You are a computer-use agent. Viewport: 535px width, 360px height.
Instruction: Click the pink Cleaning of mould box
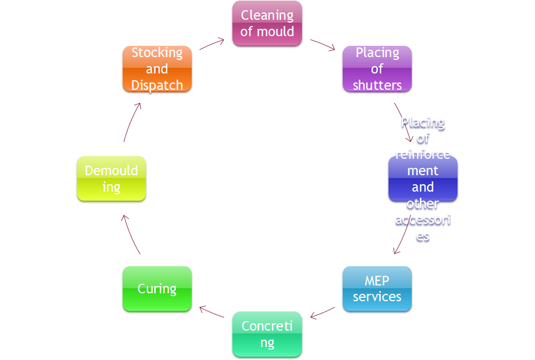pos(267,24)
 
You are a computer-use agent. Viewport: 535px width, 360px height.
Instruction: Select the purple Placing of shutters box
pos(377,70)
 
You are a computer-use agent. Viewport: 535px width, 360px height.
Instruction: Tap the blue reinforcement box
pos(422,179)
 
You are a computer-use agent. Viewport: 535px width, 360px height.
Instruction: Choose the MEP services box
pos(377,289)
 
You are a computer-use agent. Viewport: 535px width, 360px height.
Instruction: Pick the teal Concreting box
pos(267,335)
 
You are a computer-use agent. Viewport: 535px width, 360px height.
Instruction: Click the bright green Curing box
pos(157,289)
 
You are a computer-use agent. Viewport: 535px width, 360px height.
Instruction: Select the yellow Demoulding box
pos(111,179)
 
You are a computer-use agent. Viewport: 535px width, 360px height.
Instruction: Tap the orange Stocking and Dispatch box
pos(157,70)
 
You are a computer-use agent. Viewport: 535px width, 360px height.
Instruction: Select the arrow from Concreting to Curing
pos(212,312)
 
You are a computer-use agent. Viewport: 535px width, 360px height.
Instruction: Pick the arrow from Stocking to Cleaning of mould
pos(213,44)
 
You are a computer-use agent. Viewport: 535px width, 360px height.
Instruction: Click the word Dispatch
pos(157,85)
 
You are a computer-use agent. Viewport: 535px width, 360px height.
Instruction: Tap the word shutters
pos(377,85)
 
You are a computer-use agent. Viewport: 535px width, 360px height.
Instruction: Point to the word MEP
pos(377,281)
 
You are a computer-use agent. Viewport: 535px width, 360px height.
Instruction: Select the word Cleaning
pos(267,15)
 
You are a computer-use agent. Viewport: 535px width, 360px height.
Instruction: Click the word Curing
pos(157,289)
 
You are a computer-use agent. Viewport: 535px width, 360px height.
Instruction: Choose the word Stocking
pos(157,53)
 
